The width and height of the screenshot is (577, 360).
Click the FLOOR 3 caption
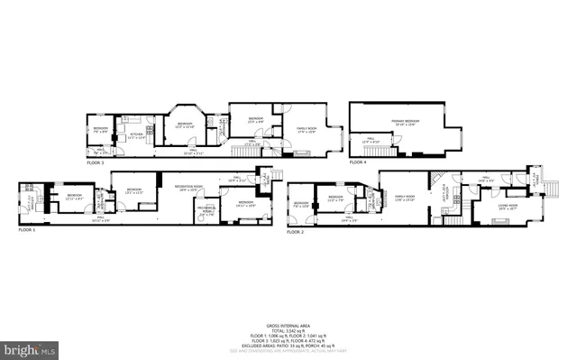(x=96, y=162)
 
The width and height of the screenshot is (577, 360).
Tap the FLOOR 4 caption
(x=358, y=162)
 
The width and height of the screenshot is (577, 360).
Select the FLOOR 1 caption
(x=28, y=231)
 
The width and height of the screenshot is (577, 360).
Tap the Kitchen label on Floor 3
(x=136, y=135)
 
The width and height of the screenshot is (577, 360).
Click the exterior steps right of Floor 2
(x=552, y=190)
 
